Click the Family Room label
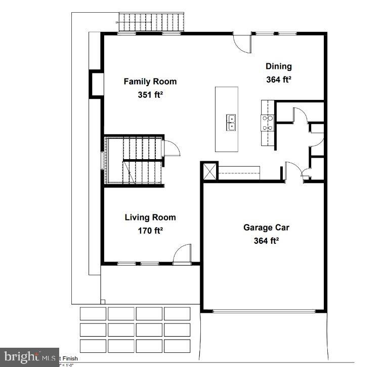[x=150, y=81]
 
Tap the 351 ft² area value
[x=150, y=94]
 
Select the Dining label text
[x=279, y=66]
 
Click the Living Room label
[x=150, y=217]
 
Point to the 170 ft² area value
[x=150, y=231]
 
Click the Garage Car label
[x=266, y=228]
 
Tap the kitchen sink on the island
[x=231, y=123]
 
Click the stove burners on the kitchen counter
[x=267, y=123]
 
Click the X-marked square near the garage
[x=209, y=171]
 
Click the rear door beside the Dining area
[x=242, y=42]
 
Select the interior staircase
[x=133, y=161]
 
